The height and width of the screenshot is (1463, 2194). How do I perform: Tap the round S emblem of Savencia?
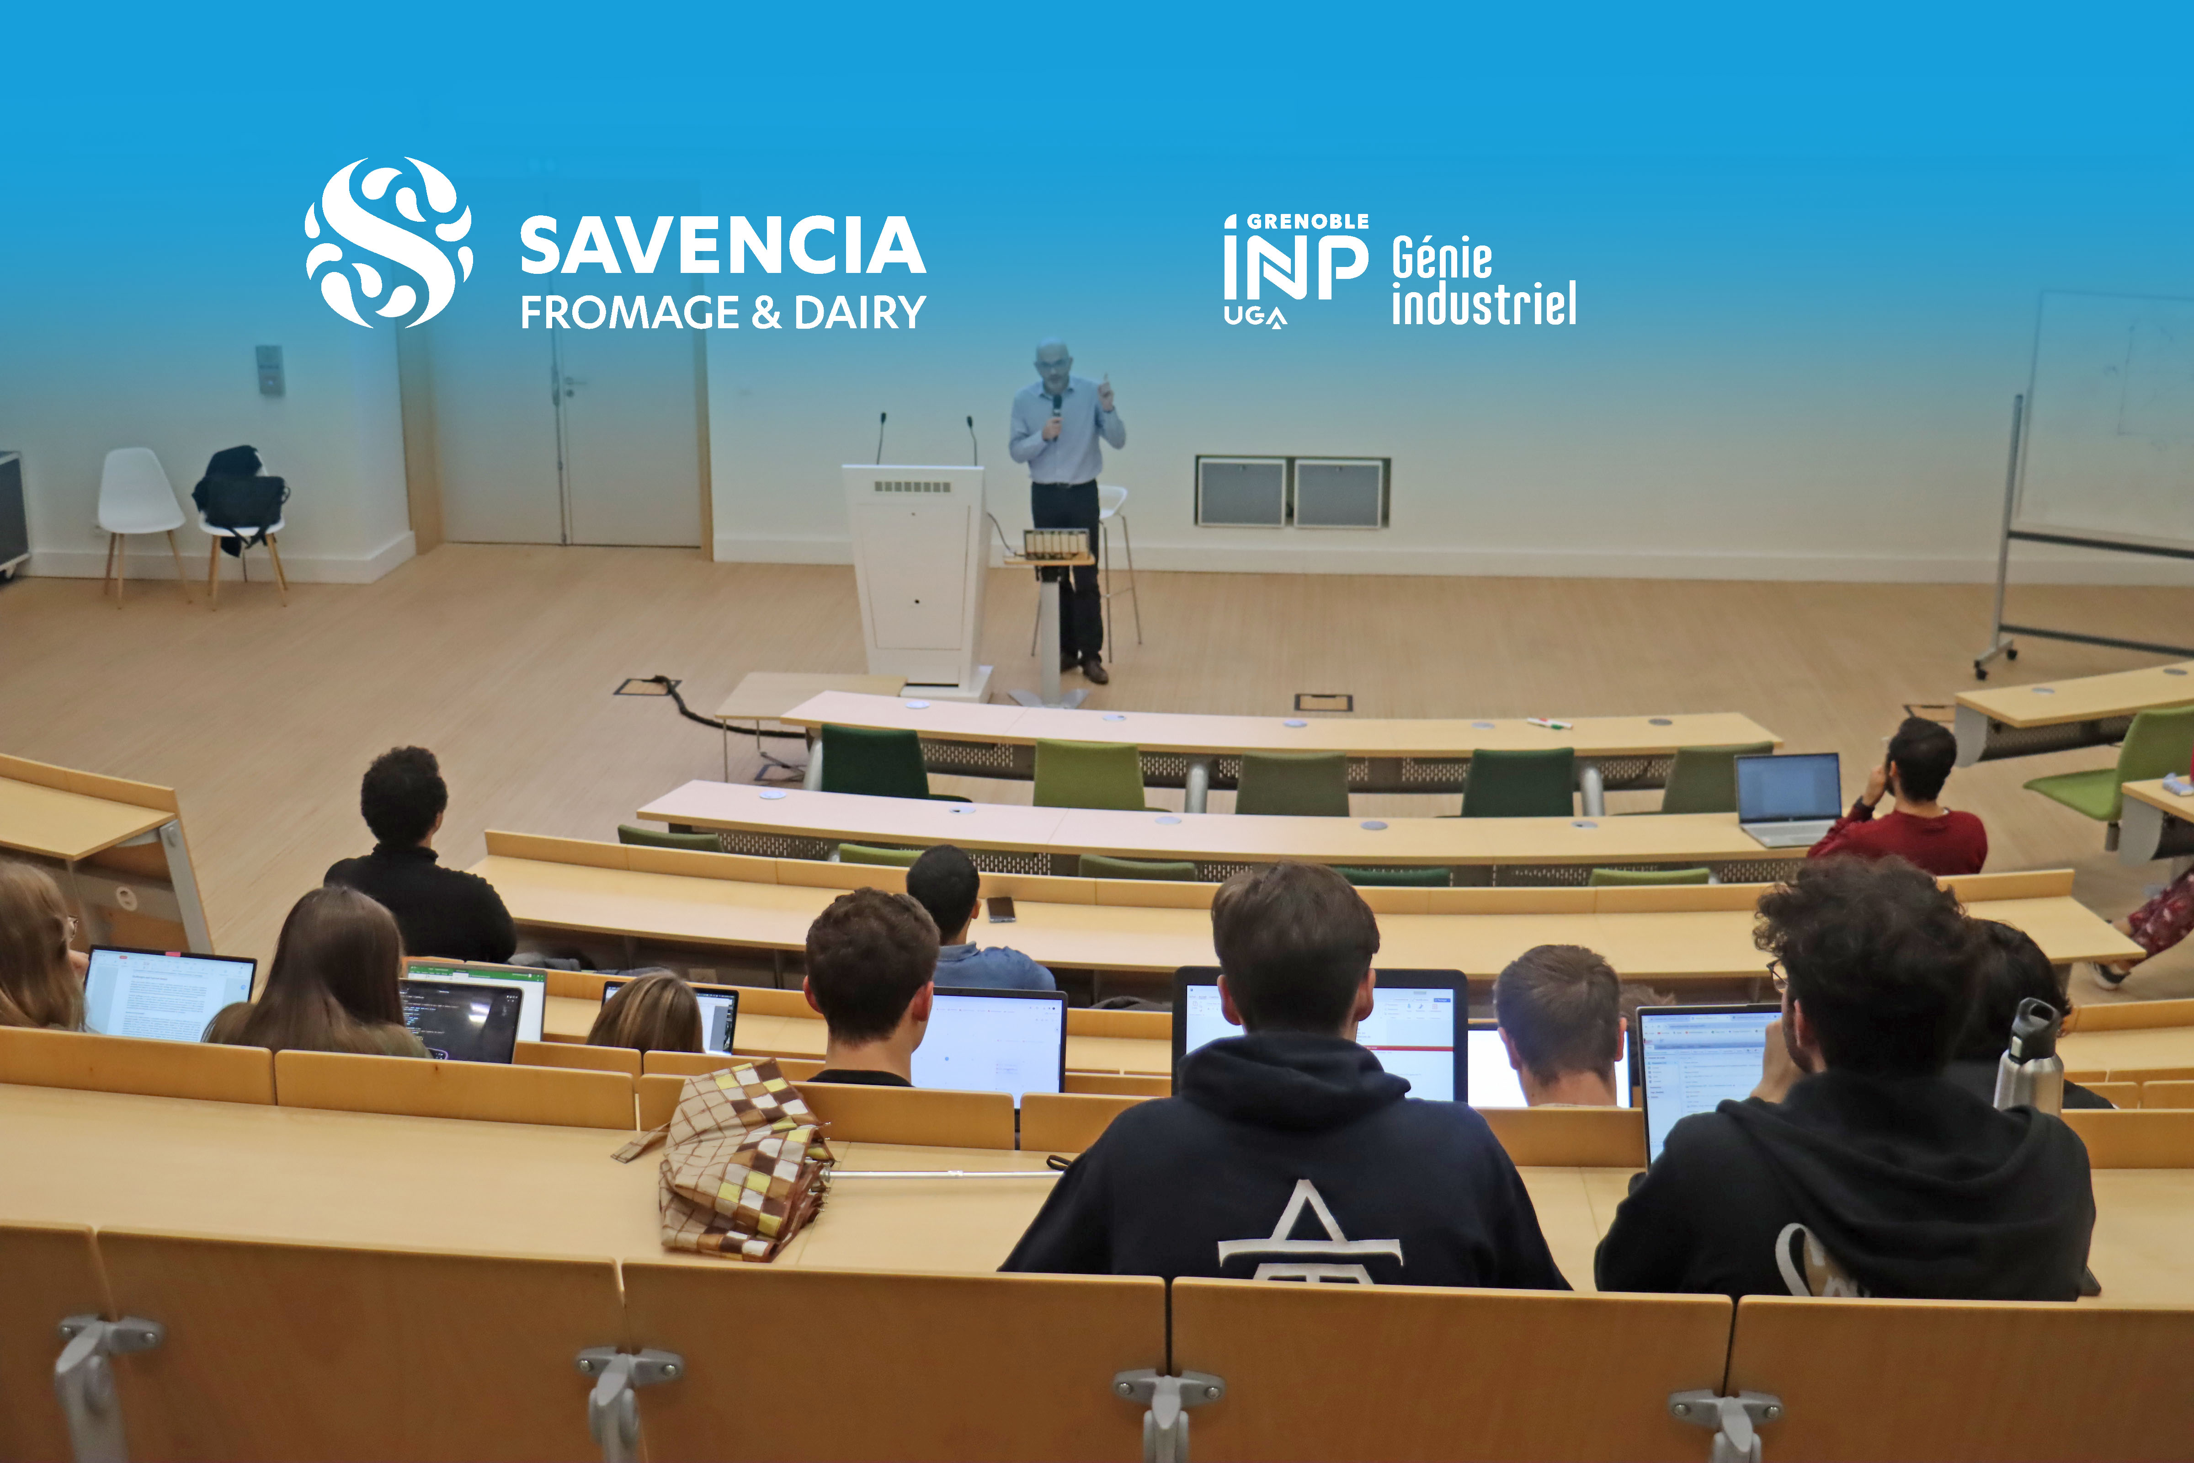[x=389, y=243]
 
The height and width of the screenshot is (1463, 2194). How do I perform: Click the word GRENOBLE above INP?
[x=1308, y=221]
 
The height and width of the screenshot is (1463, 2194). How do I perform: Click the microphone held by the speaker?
[x=1057, y=411]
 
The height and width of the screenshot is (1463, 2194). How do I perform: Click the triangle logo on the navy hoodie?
[x=1308, y=1233]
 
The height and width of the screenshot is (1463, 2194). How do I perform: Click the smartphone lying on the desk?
[x=1001, y=908]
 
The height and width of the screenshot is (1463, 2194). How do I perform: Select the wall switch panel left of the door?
[x=270, y=369]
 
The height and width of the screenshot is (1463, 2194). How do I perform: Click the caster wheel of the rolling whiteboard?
[x=1983, y=667]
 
